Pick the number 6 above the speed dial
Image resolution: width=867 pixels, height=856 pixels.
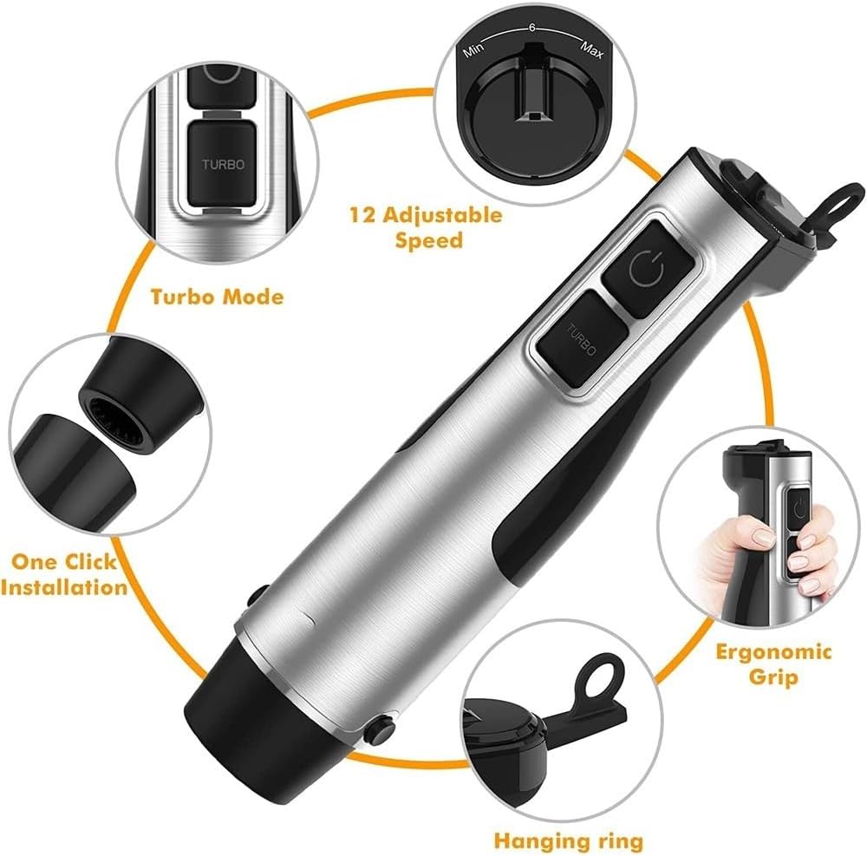point(531,29)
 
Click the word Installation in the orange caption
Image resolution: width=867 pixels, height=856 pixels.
point(65,587)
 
